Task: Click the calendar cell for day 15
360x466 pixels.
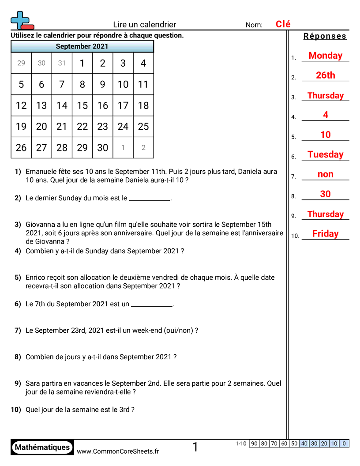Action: click(82, 105)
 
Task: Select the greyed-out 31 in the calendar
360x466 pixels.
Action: click(62, 63)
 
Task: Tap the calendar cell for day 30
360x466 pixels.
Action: click(102, 148)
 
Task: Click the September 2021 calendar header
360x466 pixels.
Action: click(82, 46)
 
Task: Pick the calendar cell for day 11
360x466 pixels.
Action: click(143, 84)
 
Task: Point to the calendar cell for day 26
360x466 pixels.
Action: click(21, 148)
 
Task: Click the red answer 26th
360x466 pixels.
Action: click(325, 75)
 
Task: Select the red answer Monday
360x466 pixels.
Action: click(325, 56)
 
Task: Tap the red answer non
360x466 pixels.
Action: click(325, 174)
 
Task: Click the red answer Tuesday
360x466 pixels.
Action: click(325, 154)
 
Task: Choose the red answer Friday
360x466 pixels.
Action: click(325, 234)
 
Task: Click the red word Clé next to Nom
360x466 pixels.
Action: click(283, 24)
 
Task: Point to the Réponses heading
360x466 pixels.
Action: click(325, 36)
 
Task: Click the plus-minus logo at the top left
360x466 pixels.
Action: click(21, 20)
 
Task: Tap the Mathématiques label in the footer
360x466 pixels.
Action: click(42, 447)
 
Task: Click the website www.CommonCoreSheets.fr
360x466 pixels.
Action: click(118, 451)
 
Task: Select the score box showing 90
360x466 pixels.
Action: click(254, 443)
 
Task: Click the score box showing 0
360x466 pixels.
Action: click(344, 443)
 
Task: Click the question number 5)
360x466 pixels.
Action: click(18, 278)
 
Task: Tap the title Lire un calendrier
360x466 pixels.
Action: click(144, 25)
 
